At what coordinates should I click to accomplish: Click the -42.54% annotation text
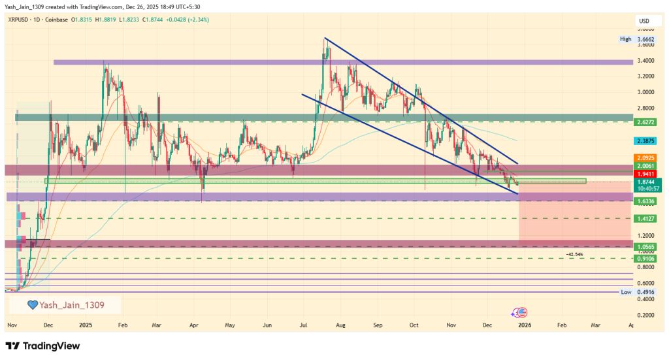point(575,254)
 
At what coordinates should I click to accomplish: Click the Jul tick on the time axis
point(303,323)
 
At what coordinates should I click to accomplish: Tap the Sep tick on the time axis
point(378,323)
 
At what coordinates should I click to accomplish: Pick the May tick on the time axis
point(229,323)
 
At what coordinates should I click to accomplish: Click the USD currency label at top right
point(644,22)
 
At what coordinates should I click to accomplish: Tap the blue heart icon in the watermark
point(31,304)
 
